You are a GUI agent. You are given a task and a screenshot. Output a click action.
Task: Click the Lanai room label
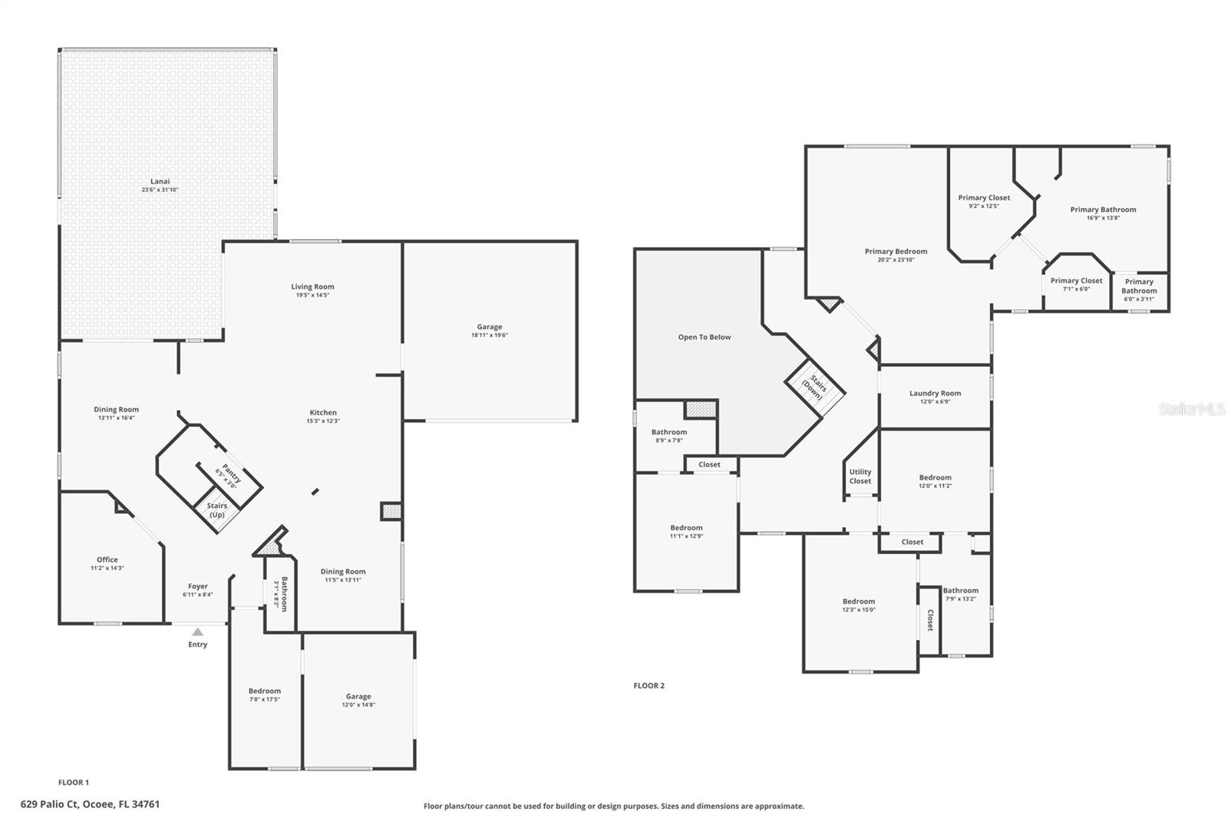click(160, 182)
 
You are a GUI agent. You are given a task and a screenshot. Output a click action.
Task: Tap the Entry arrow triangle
click(197, 632)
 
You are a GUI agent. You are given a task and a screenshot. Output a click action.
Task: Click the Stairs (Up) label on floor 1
click(216, 510)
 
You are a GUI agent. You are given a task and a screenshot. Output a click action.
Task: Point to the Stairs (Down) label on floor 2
click(815, 388)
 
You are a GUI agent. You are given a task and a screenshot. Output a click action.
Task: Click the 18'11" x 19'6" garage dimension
click(489, 335)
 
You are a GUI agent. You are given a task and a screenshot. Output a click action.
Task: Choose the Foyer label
click(197, 586)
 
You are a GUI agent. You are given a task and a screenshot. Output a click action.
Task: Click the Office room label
click(107, 559)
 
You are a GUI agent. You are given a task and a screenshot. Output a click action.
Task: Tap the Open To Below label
click(704, 337)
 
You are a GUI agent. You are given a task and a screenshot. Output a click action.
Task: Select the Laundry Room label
click(935, 393)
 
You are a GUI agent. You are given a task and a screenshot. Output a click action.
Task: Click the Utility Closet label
click(860, 477)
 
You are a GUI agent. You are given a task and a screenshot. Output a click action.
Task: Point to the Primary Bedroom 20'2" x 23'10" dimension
click(896, 260)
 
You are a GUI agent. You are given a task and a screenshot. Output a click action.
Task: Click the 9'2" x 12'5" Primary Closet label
click(983, 201)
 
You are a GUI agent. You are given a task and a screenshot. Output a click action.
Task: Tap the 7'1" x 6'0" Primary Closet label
click(1076, 285)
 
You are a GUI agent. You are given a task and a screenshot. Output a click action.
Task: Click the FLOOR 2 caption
click(649, 685)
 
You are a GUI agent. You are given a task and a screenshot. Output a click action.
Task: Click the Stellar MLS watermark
click(1191, 410)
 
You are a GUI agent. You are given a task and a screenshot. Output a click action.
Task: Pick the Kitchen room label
click(323, 412)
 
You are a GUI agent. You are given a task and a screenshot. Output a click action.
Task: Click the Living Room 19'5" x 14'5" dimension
click(312, 295)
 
